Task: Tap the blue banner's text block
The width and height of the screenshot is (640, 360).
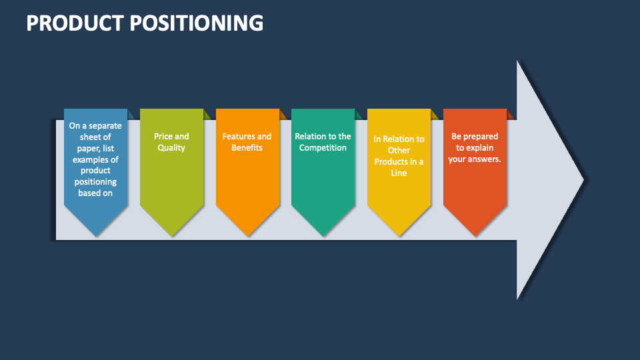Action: [95, 159]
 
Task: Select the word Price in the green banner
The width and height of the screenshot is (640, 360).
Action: [163, 136]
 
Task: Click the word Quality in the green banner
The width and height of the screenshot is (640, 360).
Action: [171, 147]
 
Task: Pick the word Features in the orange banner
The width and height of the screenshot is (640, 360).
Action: [238, 136]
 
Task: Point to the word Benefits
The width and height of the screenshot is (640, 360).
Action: [247, 147]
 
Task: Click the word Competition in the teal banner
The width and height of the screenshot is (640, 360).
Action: [323, 147]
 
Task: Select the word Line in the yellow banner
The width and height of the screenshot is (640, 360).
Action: [399, 173]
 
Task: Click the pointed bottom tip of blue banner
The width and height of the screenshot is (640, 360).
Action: [95, 235]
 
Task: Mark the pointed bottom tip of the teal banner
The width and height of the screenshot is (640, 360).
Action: [323, 235]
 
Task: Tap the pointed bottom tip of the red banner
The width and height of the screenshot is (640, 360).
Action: [475, 235]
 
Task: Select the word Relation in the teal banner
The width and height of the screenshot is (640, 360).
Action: [311, 136]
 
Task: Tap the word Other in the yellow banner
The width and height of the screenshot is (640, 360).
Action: [399, 151]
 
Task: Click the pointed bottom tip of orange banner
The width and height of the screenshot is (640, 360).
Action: [247, 235]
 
